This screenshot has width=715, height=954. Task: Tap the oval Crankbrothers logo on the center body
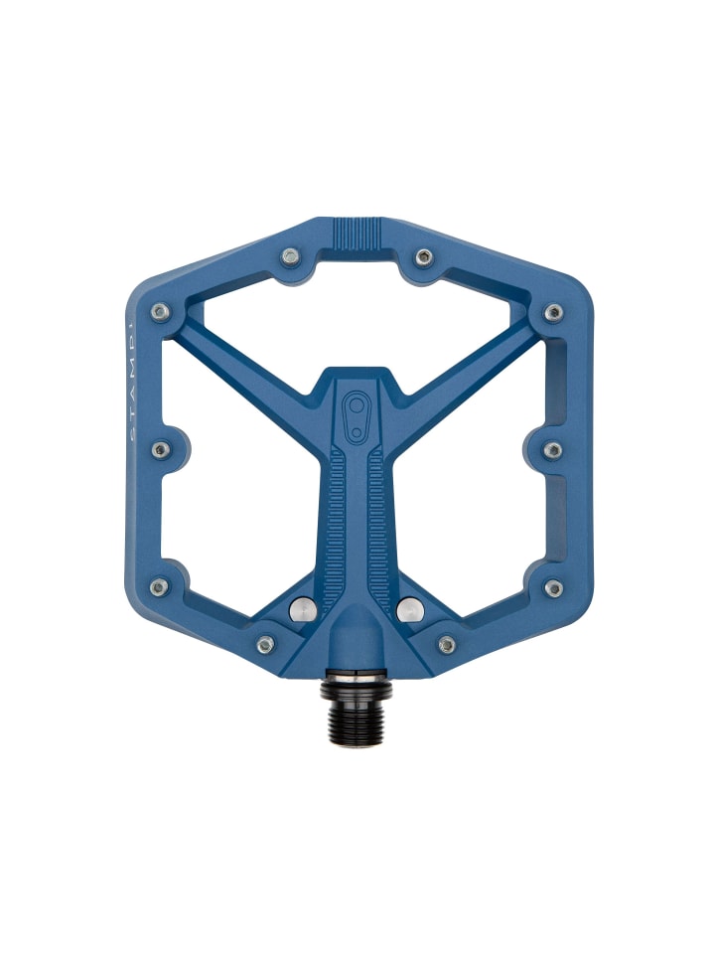tap(357, 413)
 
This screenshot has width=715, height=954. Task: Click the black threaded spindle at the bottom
tap(357, 714)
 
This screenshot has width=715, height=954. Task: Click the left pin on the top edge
tap(290, 256)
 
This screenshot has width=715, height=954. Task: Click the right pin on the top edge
tap(423, 256)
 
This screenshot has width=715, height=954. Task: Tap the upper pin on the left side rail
tap(159, 312)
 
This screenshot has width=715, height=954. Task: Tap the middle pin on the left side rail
tap(159, 450)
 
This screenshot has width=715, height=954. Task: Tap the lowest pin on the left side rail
tap(159, 587)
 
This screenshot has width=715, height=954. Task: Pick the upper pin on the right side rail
tap(554, 312)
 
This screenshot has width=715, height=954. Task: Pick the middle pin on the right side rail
tap(553, 450)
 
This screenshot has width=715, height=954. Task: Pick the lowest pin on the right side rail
tap(553, 587)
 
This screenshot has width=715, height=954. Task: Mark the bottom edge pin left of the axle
tap(265, 645)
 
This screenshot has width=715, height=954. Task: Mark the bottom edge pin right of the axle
tap(447, 645)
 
